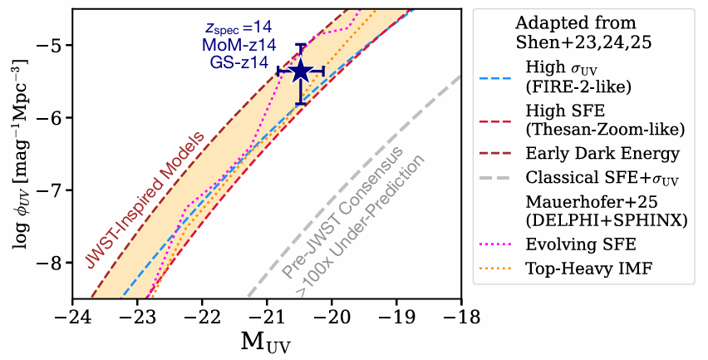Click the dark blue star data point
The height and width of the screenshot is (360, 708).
(300, 72)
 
